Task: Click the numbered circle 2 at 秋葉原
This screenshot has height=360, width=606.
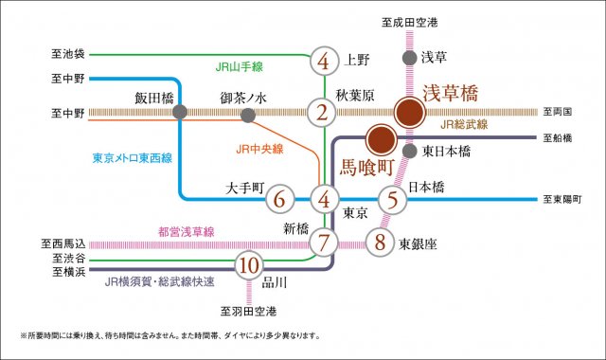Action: click(324, 113)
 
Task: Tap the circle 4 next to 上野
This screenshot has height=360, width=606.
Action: click(324, 63)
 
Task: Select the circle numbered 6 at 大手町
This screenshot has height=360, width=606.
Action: click(277, 200)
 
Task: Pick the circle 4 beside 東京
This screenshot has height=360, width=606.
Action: click(324, 200)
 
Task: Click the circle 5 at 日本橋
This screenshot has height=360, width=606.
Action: click(392, 200)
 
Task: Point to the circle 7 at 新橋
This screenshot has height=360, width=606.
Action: click(324, 243)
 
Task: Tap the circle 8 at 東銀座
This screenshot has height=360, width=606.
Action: click(380, 243)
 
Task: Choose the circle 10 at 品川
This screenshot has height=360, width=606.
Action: click(248, 265)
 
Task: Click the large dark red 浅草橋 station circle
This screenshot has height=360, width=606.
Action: click(410, 113)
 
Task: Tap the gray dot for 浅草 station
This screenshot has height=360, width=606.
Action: click(409, 58)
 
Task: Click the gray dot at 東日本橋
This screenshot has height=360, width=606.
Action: click(409, 152)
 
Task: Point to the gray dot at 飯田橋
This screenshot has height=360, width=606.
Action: click(180, 113)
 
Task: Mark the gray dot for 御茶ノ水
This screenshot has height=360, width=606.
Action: click(248, 115)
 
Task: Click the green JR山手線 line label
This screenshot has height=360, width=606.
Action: click(240, 66)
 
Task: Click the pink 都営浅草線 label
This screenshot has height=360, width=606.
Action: click(185, 231)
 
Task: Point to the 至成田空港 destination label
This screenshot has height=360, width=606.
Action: click(409, 21)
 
